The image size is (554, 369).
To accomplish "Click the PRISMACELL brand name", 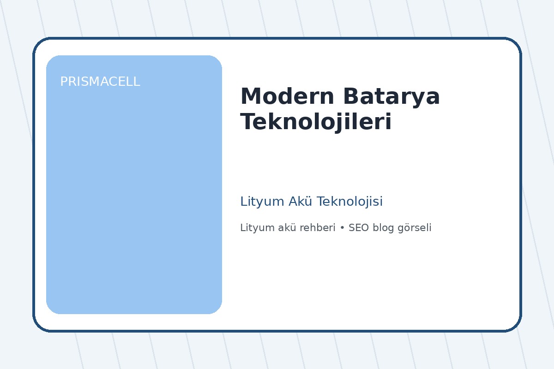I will (x=100, y=82).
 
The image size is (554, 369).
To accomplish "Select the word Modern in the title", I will (x=287, y=97).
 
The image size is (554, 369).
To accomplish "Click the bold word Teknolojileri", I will (x=316, y=122).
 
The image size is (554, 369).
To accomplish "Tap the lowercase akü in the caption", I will (x=282, y=228).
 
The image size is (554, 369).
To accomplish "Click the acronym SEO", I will (x=358, y=228).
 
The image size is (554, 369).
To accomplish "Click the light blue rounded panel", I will (x=134, y=194).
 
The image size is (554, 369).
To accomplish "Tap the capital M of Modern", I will (x=250, y=97).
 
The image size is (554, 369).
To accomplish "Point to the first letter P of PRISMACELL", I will (x=64, y=82).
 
